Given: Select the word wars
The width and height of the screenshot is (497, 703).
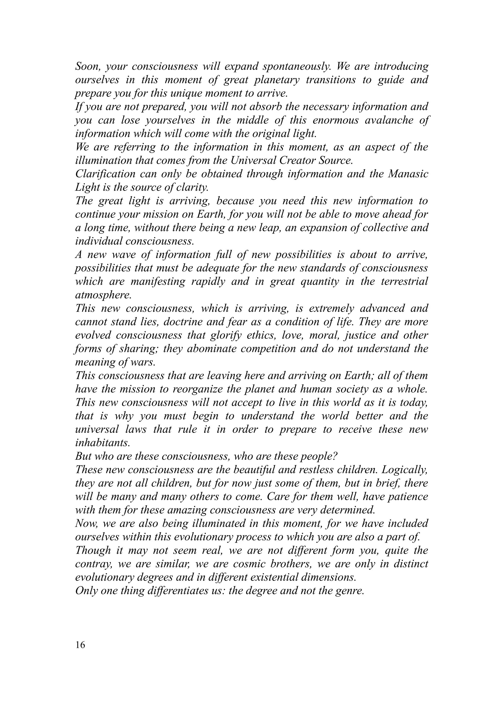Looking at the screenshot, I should (145, 362).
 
